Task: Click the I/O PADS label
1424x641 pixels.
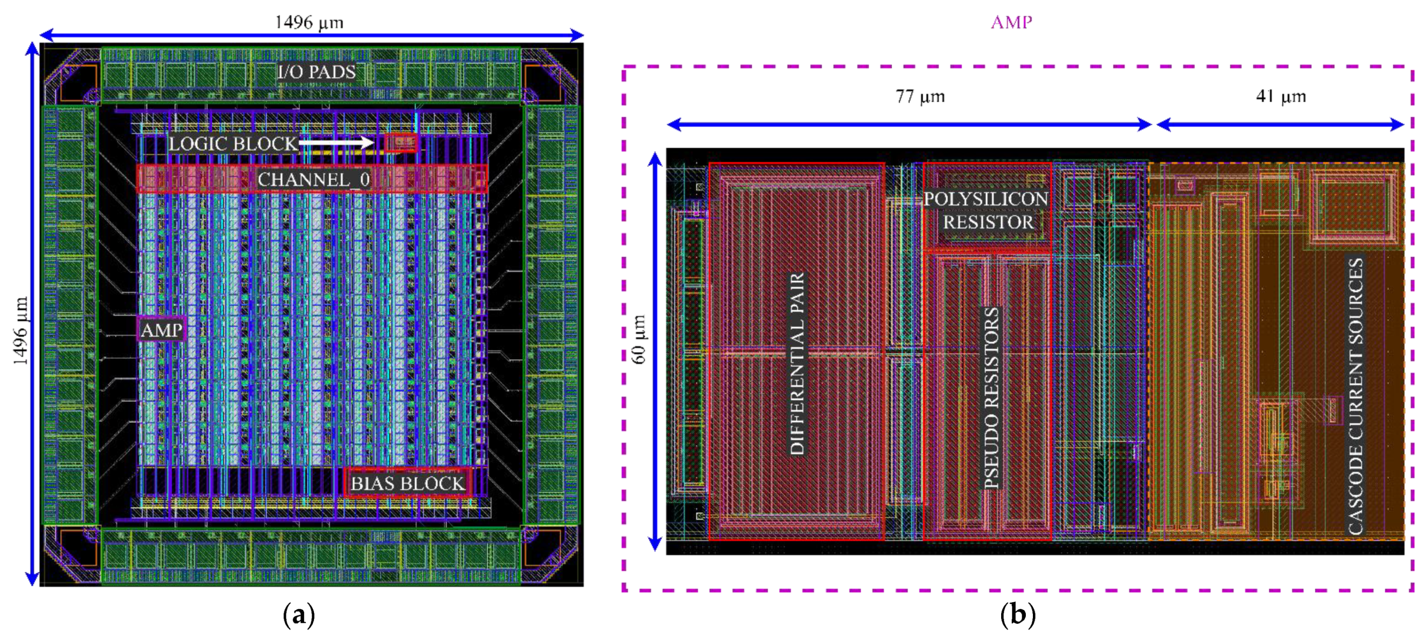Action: (316, 72)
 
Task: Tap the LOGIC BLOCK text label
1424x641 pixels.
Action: (233, 144)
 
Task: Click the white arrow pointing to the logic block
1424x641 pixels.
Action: (336, 143)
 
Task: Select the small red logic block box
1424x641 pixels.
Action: (401, 143)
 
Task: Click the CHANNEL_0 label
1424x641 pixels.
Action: (313, 179)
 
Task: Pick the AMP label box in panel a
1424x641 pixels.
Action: (161, 330)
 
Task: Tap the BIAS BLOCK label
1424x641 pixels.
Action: (408, 483)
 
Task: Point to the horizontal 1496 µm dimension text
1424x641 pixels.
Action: (309, 22)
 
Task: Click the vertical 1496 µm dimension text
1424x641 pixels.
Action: (21, 330)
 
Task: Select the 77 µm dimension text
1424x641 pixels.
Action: (920, 97)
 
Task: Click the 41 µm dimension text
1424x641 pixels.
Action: (1281, 97)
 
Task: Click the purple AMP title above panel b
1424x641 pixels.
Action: (1011, 22)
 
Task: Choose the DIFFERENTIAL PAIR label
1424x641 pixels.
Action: (797, 364)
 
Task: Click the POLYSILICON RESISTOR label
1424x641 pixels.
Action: (986, 211)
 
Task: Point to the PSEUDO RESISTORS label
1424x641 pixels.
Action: (992, 398)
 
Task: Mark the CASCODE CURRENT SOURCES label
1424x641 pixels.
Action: (1356, 395)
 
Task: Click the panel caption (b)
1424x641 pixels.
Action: (1017, 615)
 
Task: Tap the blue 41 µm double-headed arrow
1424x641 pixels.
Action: (1280, 125)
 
